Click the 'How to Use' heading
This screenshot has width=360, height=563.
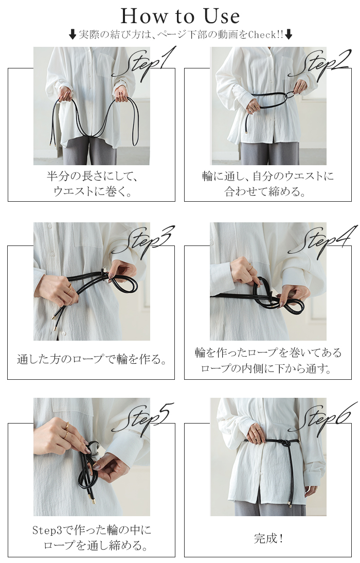pos(180,16)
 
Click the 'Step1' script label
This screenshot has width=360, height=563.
pos(143,63)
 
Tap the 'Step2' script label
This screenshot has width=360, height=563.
pos(319,63)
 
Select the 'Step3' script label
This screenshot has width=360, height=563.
pos(143,241)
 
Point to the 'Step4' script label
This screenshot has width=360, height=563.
pos(322,241)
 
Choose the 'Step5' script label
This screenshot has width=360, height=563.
pos(143,419)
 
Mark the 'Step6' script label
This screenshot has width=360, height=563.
pos(322,419)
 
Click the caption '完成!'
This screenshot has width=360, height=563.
pos(269,538)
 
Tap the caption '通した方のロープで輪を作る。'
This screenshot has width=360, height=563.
pos(92,359)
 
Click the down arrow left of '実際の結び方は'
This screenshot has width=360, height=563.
pos(73,34)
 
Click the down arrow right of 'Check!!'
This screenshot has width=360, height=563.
pos(289,34)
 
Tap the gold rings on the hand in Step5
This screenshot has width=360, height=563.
pos(66,430)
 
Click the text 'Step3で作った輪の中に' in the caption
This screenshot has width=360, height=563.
pos(92,530)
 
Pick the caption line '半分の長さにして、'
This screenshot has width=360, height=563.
pos(92,176)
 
